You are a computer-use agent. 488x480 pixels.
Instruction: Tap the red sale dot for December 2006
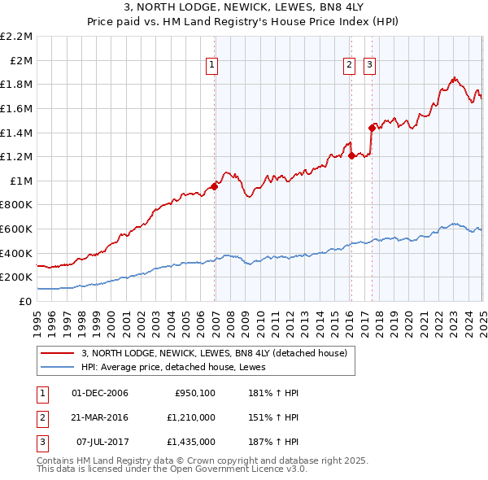[x=215, y=186]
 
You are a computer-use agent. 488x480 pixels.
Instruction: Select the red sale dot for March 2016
[x=351, y=155]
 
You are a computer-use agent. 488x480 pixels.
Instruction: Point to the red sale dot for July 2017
[x=372, y=128]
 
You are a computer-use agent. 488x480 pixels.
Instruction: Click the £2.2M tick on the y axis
[x=16, y=37]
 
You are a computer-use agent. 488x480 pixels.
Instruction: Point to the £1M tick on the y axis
[x=21, y=181]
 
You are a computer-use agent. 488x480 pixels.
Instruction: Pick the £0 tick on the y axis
[x=26, y=301]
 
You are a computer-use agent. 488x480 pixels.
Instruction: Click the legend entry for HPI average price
[x=179, y=367]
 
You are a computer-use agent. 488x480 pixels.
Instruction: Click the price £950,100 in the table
[x=195, y=393]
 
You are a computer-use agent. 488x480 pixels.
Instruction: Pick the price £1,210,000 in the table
[x=192, y=417]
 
